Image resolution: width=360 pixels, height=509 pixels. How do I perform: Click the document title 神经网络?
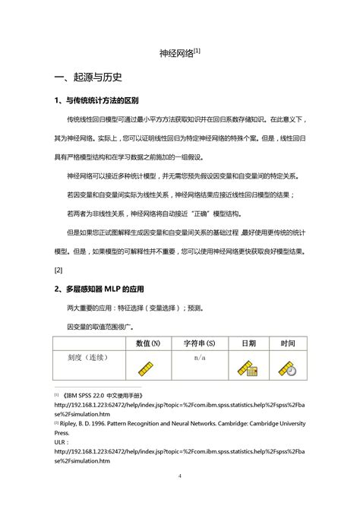pyautogui.click(x=175, y=54)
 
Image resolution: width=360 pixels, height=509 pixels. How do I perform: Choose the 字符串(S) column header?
pyautogui.click(x=199, y=321)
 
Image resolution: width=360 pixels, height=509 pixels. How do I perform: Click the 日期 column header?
pyautogui.click(x=248, y=321)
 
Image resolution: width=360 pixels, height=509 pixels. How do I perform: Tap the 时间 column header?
pyautogui.click(x=287, y=321)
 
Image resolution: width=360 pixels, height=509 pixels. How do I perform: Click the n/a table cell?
pyautogui.click(x=200, y=336)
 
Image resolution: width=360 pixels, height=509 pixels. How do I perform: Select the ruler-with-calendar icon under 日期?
pyautogui.click(x=248, y=367)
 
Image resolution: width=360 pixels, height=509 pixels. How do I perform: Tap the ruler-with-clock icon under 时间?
pyautogui.click(x=287, y=367)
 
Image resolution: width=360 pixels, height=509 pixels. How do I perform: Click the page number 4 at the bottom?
pyautogui.click(x=180, y=476)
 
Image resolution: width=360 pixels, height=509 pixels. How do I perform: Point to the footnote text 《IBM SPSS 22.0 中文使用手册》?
pyautogui.click(x=104, y=395)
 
